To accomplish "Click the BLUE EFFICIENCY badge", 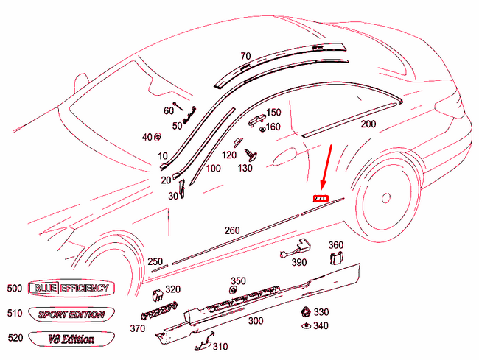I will pos(69,289).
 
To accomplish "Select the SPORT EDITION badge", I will pos(71,314).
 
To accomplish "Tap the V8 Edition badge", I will pos(71,339).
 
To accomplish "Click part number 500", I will pos(15,289).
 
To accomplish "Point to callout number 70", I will pos(245,56).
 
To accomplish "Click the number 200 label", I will pos(368,124).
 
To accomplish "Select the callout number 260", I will pos(232,230).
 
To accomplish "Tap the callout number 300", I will pos(255,321).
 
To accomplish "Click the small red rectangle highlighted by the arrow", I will pos(320,199).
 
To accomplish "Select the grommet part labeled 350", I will pos(234,292).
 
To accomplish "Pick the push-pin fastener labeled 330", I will pos(304,311).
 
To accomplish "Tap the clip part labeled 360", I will pos(336,258).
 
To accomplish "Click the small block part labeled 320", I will pos(158,295).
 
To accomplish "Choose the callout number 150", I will pos(273,113).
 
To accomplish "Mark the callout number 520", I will pos(15,339).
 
